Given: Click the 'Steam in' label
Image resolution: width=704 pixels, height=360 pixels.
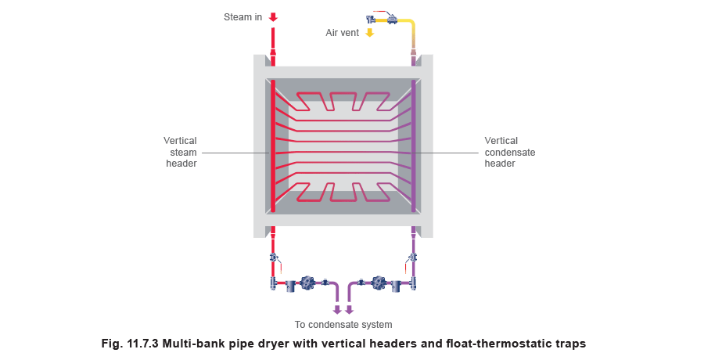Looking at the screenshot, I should point(243,16).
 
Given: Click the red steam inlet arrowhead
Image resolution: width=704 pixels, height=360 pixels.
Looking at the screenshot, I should point(273,16).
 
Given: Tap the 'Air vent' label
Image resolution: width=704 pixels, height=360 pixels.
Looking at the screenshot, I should point(342,33).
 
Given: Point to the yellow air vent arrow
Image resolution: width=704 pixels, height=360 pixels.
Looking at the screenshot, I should point(370,33).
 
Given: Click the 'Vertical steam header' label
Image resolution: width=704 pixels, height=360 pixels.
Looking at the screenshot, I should point(181,153).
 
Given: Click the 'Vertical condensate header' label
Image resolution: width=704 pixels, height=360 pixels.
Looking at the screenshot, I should point(509,153).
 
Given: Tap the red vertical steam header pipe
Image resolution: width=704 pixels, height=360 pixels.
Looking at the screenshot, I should point(273,149).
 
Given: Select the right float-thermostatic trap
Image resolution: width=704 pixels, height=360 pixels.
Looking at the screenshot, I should point(379,283).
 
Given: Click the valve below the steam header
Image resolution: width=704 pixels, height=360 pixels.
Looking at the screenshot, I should point(274,257).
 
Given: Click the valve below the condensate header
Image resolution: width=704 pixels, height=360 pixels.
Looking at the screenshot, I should point(413,257).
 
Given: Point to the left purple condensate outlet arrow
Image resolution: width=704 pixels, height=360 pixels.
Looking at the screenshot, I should point(337,309).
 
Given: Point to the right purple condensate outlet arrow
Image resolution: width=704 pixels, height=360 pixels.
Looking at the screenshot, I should point(350,309).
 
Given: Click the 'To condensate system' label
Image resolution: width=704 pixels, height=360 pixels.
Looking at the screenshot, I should point(343,324).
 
